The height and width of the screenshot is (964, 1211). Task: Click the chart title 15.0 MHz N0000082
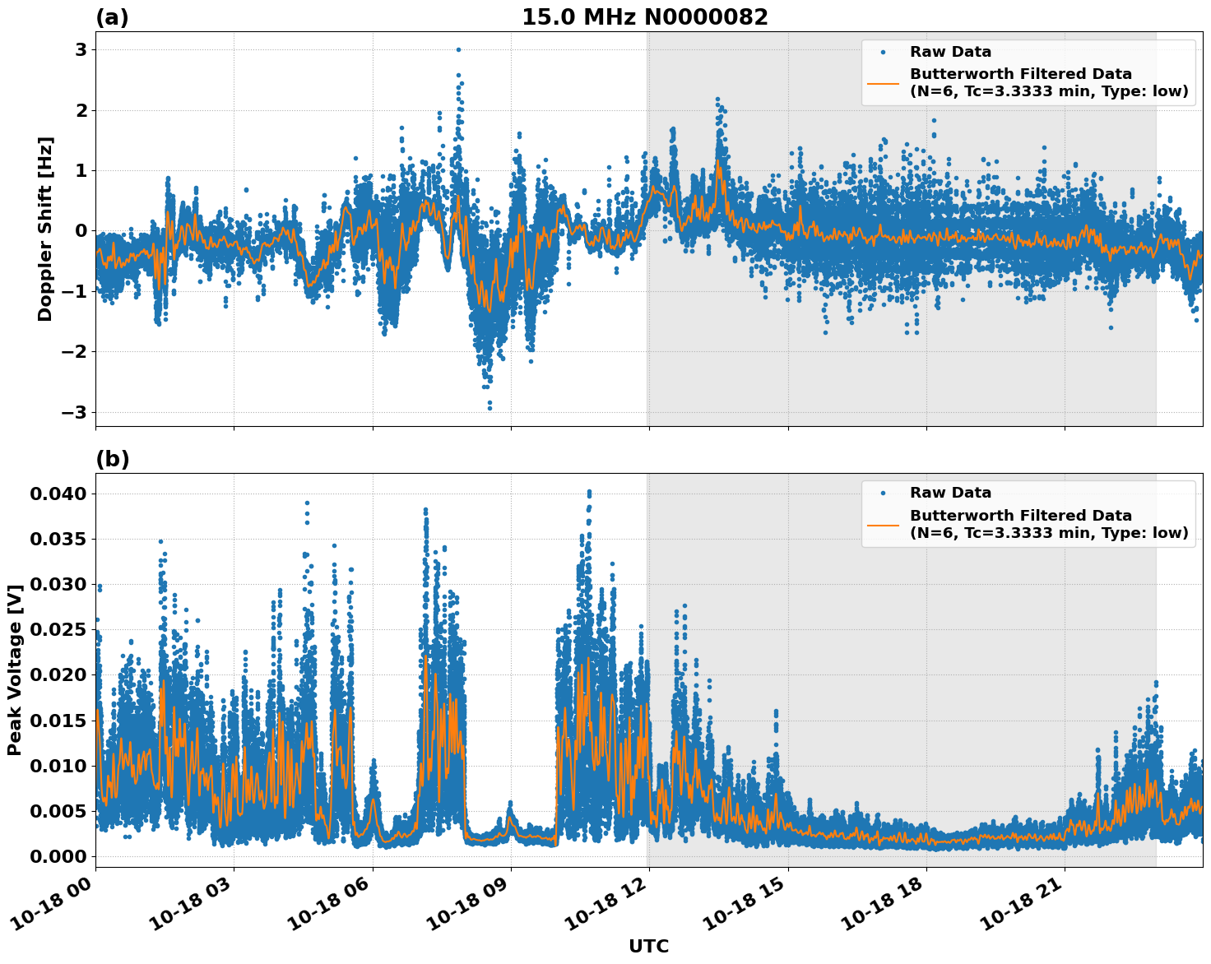click(x=644, y=17)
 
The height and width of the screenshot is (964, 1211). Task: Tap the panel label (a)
click(x=112, y=17)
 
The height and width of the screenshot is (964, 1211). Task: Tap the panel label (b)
click(x=112, y=459)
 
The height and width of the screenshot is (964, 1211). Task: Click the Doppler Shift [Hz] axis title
click(x=45, y=229)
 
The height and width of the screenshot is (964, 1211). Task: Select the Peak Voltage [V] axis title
click(x=14, y=670)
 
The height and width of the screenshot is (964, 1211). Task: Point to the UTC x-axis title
click(x=648, y=946)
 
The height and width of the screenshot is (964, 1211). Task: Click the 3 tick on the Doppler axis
click(x=81, y=49)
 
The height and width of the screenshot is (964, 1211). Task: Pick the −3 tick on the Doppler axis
click(x=75, y=412)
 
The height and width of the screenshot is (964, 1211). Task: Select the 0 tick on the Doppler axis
click(x=81, y=230)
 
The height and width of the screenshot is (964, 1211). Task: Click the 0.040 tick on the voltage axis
click(x=58, y=494)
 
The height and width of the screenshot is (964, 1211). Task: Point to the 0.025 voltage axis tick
click(x=58, y=629)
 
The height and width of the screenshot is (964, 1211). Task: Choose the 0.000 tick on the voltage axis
click(x=58, y=856)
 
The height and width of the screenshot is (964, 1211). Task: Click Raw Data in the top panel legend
click(x=950, y=52)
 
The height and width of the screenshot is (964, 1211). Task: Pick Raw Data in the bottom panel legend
click(x=950, y=493)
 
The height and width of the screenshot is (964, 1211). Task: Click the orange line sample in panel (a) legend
click(x=883, y=83)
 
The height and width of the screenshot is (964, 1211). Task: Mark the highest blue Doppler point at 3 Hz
click(x=458, y=49)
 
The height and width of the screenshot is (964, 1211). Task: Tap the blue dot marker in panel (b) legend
click(x=883, y=493)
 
